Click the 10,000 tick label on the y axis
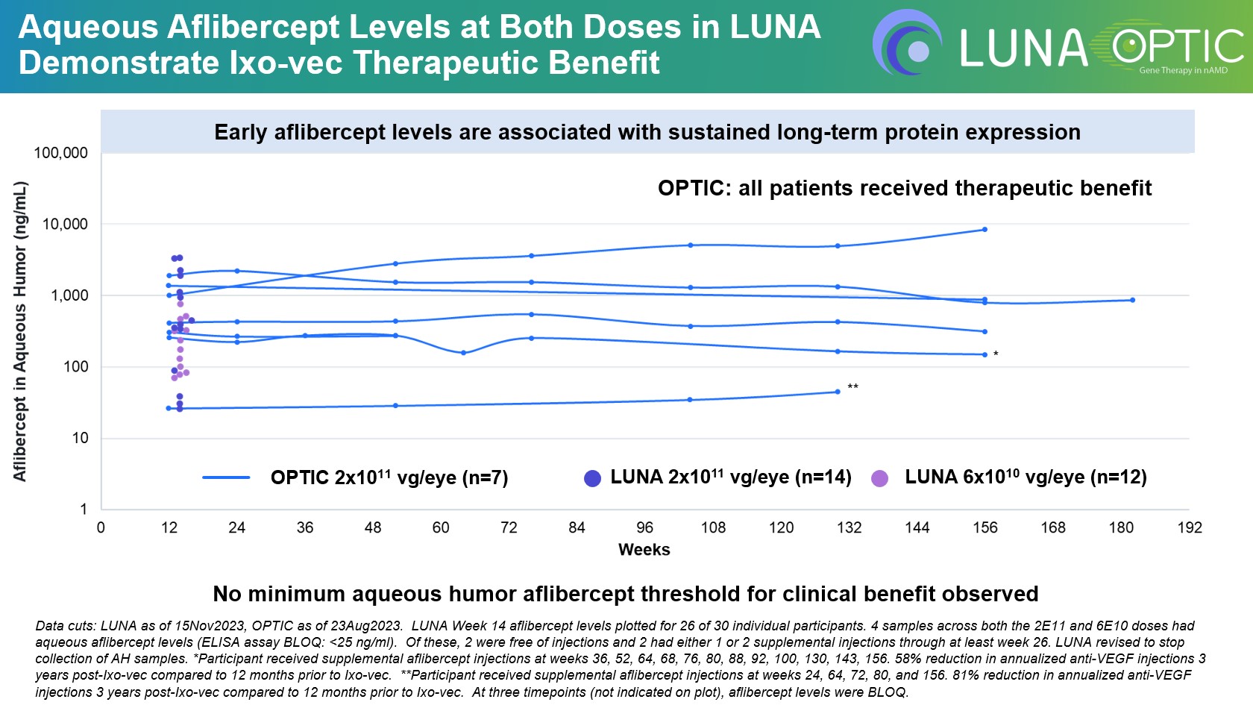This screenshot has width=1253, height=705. click(65, 224)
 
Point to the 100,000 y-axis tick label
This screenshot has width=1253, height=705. click(60, 153)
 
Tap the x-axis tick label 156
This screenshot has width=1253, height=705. click(984, 528)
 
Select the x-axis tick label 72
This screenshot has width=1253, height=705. click(509, 528)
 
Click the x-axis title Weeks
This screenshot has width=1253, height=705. click(644, 550)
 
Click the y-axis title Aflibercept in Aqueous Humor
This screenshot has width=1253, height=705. click(20, 331)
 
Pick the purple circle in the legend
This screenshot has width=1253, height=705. click(880, 478)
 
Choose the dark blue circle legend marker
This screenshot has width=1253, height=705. click(592, 478)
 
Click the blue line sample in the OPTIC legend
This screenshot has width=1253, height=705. click(226, 477)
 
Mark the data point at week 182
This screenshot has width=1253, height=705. click(1132, 300)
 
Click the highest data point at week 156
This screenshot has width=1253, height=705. click(984, 230)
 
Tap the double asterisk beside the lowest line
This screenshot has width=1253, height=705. click(853, 386)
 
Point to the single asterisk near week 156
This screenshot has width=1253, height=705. click(996, 354)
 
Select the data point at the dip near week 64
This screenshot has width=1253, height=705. click(463, 353)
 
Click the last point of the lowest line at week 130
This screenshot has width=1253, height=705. click(838, 392)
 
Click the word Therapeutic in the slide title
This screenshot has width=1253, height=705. click(450, 63)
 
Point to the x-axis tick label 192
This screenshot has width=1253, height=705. click(1189, 528)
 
